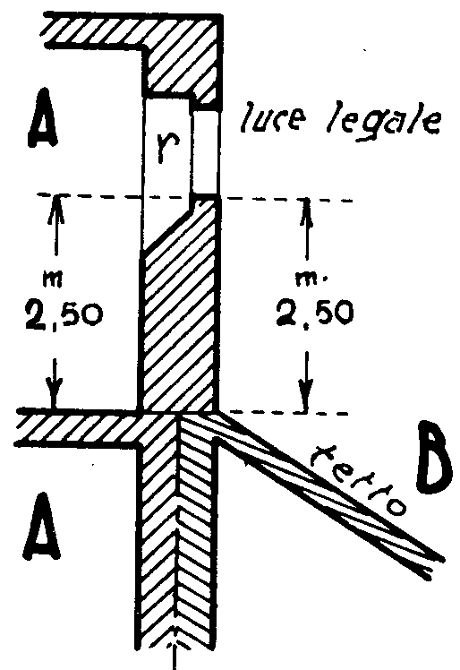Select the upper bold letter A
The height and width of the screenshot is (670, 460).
point(43,117)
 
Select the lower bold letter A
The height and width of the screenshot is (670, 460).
point(41,527)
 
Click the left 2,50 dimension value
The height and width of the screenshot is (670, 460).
point(64,314)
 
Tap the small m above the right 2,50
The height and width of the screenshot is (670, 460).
point(306,279)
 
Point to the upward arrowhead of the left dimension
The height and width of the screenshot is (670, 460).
point(56,206)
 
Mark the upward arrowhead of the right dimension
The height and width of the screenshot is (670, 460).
point(306,210)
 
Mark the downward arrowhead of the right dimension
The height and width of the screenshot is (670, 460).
point(306,397)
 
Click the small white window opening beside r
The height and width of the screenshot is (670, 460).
point(206,151)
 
